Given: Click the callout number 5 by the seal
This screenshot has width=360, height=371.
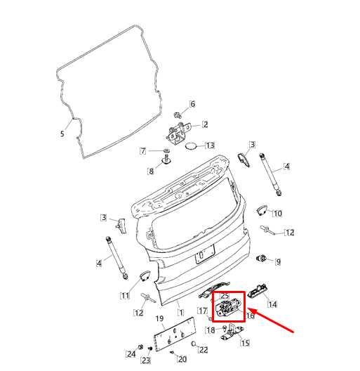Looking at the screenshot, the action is point(62,134).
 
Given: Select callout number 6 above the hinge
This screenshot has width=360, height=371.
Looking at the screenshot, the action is point(193,104).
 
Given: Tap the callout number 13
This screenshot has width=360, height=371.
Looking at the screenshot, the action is point(210,145).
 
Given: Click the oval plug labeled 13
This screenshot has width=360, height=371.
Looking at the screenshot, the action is point(191,146).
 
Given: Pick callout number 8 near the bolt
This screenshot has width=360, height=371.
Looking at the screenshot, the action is point(151,171).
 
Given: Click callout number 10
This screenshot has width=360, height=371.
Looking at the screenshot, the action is point(277,214).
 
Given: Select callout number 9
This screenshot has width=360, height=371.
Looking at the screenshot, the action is point(278,261).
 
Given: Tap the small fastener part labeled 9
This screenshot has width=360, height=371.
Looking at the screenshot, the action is point(262,259).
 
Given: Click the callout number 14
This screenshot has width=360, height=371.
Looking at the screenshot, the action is point(272,304).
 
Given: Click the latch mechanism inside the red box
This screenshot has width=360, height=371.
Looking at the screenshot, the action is point(228,307).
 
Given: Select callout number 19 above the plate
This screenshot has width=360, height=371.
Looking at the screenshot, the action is point(159,318).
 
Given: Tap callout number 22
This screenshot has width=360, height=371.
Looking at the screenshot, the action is point(203,350).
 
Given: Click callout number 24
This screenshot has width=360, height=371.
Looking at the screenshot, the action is point(131,354).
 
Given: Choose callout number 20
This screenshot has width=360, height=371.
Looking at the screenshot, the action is point(182,359).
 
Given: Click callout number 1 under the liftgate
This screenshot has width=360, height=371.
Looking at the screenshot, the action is point(181,313).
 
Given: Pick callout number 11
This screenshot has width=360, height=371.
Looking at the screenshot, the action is point(125,296).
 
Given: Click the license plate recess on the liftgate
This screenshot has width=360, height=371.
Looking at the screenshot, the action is point(205,254).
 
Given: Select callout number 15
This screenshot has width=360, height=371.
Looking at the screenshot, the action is point(245,343).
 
